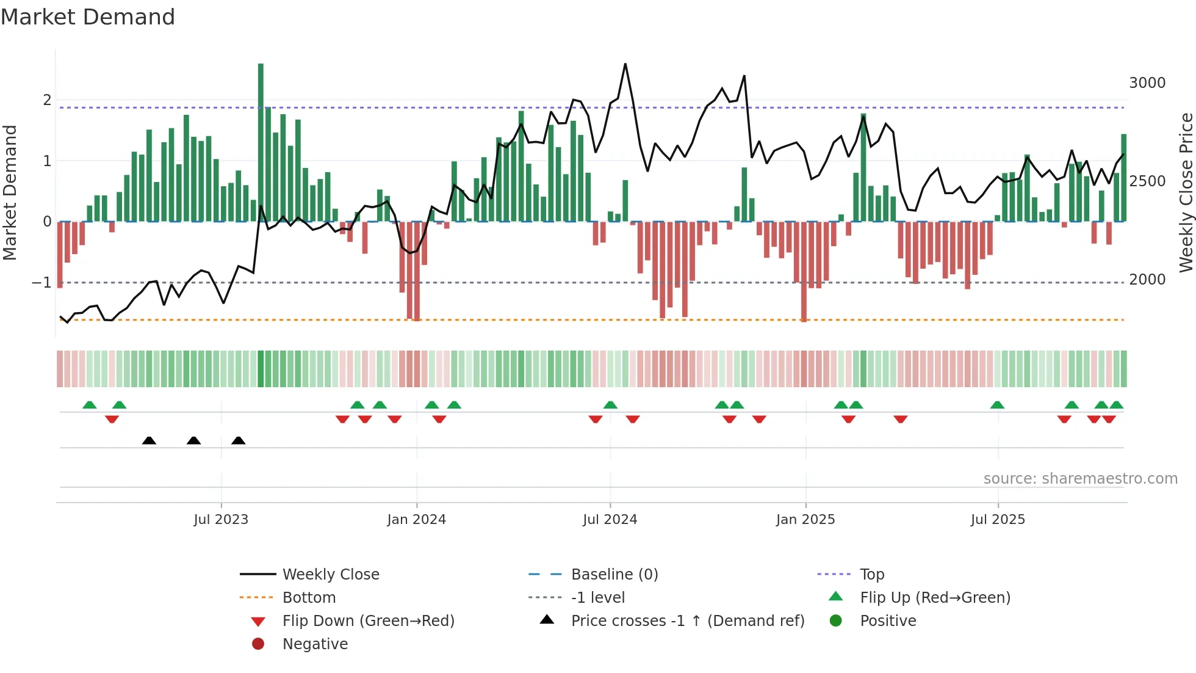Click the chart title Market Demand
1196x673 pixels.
(x=88, y=17)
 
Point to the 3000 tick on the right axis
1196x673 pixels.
(x=1147, y=83)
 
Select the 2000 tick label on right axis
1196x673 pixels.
(x=1147, y=280)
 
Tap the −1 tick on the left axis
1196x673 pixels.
(x=41, y=282)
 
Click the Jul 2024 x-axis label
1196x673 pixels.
(x=610, y=520)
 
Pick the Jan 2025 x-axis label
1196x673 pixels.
(x=805, y=520)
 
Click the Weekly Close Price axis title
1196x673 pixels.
(x=1186, y=192)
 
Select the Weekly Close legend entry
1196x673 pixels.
(x=330, y=575)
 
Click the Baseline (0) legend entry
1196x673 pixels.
(x=614, y=575)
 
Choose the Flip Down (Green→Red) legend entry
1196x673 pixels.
(x=368, y=621)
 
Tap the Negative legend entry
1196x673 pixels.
(x=315, y=644)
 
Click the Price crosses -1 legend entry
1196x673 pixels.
(x=687, y=621)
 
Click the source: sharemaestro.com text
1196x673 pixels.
(x=1080, y=479)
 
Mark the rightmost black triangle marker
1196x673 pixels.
(x=239, y=440)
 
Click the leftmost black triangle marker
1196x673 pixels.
(x=149, y=440)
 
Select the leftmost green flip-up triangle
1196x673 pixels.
(x=90, y=405)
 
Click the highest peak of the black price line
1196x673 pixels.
(x=625, y=64)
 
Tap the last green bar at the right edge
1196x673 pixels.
(x=1123, y=177)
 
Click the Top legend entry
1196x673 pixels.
(x=871, y=575)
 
